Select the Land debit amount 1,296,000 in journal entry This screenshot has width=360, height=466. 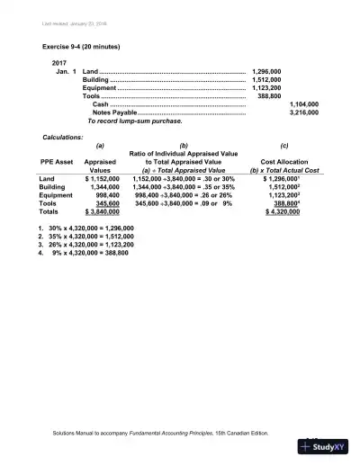pos(267,70)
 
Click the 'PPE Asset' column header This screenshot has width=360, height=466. pos(56,161)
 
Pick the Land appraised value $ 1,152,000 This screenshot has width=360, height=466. pos(103,179)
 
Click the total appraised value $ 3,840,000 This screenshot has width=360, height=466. pos(103,212)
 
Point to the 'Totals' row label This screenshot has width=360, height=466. pos(51,212)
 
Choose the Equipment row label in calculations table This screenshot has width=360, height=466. pos(58,195)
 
